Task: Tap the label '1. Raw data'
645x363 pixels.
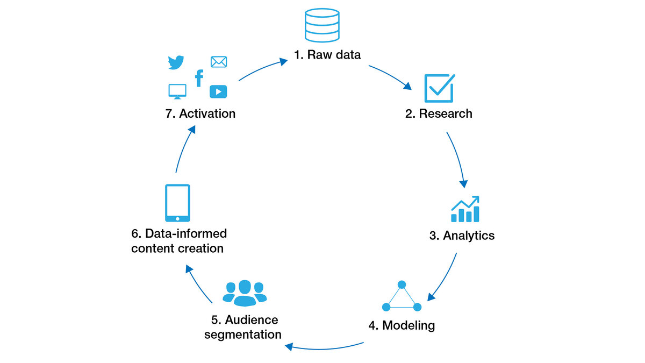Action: tap(327, 55)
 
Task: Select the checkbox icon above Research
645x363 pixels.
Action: tap(439, 88)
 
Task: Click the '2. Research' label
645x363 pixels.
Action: tap(439, 113)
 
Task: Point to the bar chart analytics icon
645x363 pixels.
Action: tap(465, 209)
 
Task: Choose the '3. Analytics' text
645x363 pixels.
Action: tap(462, 236)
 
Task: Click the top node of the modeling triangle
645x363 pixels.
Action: tap(401, 284)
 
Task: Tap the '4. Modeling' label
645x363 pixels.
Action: tap(401, 325)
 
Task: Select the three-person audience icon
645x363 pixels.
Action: tap(245, 293)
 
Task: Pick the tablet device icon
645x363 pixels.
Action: tap(177, 203)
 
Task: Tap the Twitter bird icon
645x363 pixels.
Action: tap(176, 62)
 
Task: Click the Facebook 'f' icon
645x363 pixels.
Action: tap(199, 79)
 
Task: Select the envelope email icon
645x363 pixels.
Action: tap(218, 62)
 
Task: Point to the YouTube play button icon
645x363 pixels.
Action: tap(218, 91)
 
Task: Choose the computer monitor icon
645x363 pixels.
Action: tap(177, 91)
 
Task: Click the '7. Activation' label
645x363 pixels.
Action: tap(200, 113)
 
